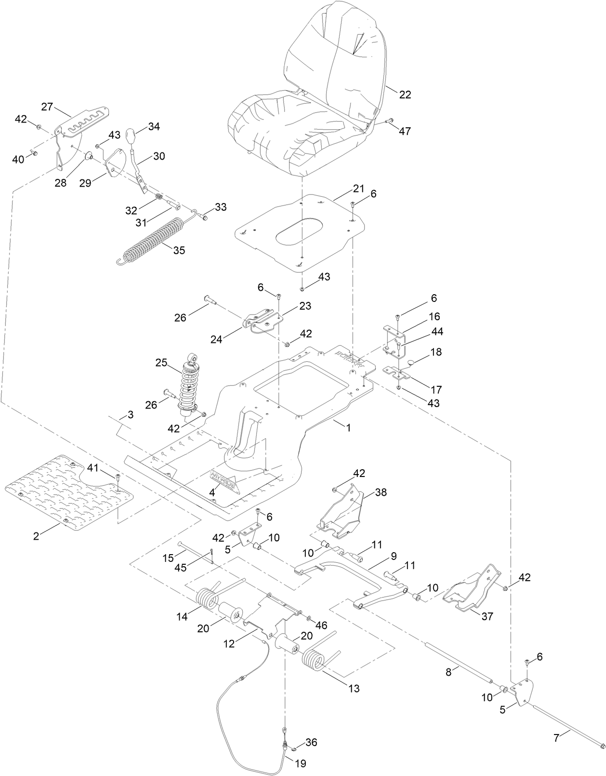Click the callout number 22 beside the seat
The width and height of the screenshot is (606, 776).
point(405,95)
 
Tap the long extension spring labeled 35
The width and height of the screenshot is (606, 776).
point(153,241)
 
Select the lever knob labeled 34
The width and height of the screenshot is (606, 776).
point(132,134)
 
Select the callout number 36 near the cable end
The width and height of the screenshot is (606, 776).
point(311,742)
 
